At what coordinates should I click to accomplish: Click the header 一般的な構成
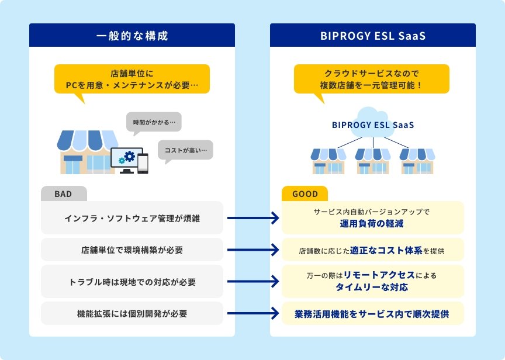point(132,36)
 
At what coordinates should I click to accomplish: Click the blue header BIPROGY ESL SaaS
point(372,36)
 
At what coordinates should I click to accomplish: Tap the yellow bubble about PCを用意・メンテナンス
point(132,79)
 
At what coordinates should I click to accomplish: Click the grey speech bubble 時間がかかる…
point(154,123)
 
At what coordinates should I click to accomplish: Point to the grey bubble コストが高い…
point(186,150)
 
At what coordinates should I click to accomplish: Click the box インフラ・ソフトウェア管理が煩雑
point(132,218)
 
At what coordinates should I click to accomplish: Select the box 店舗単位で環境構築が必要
point(132,250)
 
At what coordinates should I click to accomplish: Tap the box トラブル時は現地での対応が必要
point(132,282)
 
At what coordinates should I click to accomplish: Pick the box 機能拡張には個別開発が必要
point(132,313)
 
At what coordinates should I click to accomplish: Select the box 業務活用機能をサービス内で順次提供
point(372,313)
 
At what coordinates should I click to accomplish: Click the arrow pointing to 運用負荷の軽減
point(252,218)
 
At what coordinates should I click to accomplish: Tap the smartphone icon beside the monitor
point(143,163)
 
